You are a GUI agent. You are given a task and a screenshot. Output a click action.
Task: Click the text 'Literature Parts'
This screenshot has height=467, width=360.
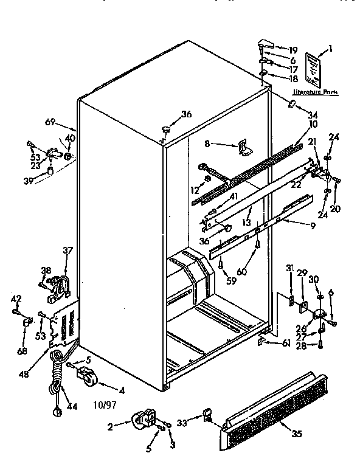pos(316,92)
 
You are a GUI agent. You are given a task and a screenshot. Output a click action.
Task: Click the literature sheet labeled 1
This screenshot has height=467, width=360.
pos(313,68)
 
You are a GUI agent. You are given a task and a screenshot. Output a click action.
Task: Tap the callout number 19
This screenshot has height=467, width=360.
pos(293,50)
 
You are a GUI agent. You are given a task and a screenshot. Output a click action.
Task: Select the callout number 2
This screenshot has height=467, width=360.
pos(111,427)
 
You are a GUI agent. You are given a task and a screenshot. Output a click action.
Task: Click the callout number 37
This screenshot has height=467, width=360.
pos(68,250)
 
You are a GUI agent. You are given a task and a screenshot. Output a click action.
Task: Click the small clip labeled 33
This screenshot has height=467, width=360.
pos(208,416)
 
